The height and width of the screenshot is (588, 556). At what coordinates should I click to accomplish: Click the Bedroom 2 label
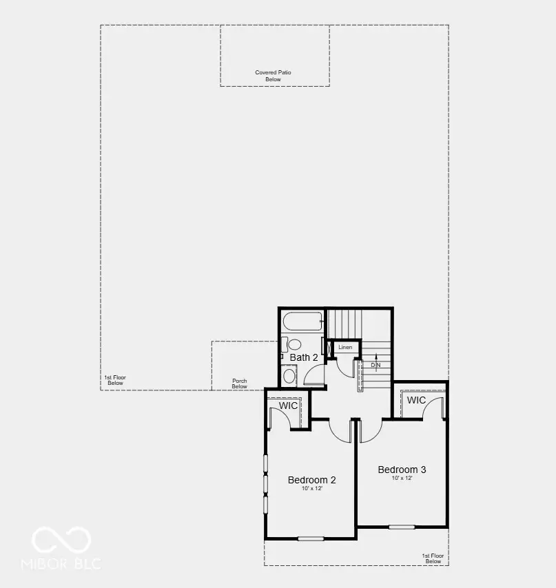pyautogui.click(x=311, y=480)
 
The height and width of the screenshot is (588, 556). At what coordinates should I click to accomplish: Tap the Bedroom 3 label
pyautogui.click(x=402, y=470)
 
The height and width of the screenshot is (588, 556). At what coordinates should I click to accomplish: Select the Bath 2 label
pyautogui.click(x=303, y=357)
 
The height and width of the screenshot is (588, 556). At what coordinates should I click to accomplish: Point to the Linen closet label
pyautogui.click(x=345, y=347)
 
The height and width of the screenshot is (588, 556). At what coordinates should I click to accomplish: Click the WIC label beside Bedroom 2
pyautogui.click(x=288, y=406)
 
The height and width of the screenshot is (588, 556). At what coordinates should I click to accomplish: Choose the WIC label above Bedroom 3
pyautogui.click(x=416, y=400)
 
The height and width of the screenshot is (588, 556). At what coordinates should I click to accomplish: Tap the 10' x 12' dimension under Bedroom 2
pyautogui.click(x=311, y=489)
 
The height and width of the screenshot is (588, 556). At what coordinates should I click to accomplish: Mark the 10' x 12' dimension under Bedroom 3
pyautogui.click(x=402, y=478)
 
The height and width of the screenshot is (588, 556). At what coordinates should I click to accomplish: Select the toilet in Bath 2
pyautogui.click(x=293, y=344)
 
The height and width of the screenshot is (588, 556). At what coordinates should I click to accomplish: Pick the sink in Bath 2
pyautogui.click(x=289, y=376)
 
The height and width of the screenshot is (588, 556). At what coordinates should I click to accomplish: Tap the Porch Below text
pyautogui.click(x=239, y=384)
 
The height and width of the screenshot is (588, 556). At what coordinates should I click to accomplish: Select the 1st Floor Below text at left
pyautogui.click(x=115, y=380)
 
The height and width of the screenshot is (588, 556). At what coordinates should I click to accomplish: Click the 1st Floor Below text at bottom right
pyautogui.click(x=433, y=558)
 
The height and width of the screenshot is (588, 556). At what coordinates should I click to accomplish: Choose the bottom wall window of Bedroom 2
pyautogui.click(x=311, y=538)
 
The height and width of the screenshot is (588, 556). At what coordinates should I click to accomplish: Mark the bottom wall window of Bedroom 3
pyautogui.click(x=402, y=527)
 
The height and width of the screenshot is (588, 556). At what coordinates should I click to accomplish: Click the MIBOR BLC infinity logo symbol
pyautogui.click(x=61, y=540)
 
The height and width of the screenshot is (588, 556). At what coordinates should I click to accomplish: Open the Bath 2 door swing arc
pyautogui.click(x=315, y=375)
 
